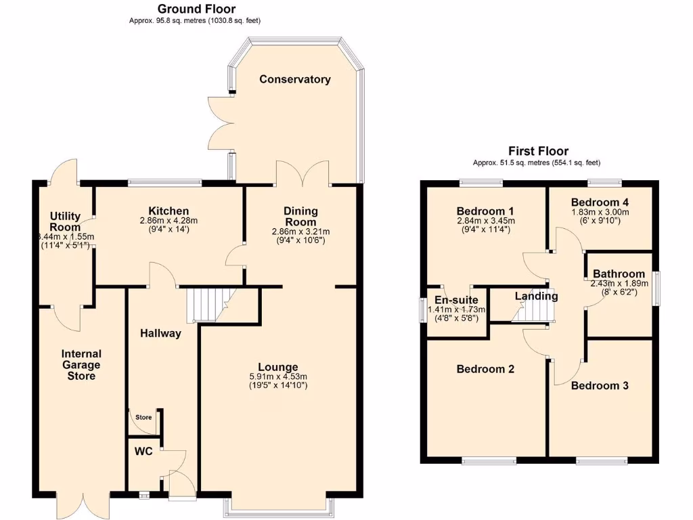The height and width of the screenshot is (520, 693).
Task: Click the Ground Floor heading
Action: tap(196, 9)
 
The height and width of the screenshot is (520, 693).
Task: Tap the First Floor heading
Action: tap(538, 151)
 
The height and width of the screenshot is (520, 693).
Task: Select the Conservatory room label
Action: tap(295, 79)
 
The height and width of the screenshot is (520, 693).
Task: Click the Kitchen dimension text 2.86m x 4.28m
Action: tap(169, 221)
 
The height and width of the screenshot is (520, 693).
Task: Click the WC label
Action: tap(144, 452)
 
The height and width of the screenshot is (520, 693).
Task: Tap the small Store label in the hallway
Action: tap(143, 417)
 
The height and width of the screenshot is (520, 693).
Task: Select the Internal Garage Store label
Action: tap(81, 364)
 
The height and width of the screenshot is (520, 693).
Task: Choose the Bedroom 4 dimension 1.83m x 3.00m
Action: tap(600, 212)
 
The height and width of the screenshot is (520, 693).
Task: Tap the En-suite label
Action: tap(457, 300)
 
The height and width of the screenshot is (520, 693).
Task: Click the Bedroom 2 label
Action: tap(485, 369)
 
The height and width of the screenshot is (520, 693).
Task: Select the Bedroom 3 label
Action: tap(600, 385)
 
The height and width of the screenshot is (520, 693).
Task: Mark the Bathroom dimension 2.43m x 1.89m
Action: tap(619, 284)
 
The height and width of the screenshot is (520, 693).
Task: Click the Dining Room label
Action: tap(300, 217)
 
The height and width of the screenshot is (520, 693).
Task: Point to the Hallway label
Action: tap(160, 332)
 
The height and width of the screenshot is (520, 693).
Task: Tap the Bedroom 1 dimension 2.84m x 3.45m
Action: tap(485, 221)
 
